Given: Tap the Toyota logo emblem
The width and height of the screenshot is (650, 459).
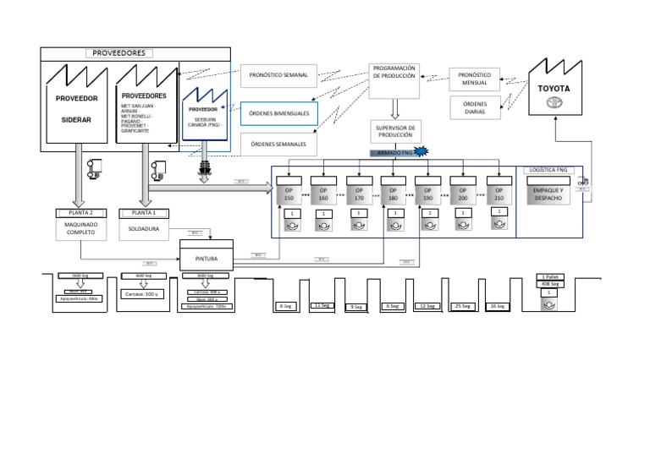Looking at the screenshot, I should coord(554,103).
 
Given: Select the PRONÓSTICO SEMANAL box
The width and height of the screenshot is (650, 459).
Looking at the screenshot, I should coord(278,75).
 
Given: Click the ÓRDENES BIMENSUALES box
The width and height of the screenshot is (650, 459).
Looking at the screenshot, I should coord(278,113).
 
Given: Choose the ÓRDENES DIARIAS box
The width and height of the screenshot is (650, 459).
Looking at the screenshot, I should coord(475,108).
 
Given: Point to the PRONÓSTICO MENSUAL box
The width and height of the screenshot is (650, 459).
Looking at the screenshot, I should coord(475,79).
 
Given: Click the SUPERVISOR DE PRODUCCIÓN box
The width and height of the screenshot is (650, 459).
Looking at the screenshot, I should coord(394,131).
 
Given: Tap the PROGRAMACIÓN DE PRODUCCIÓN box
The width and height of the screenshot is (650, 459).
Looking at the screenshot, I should coord(394,72).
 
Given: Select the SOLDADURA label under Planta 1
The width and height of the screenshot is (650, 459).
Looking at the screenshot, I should coord(143,227).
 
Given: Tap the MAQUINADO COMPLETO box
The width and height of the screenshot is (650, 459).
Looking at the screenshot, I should coord(81,227).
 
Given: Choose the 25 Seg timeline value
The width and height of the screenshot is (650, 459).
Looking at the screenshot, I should coord(463,305).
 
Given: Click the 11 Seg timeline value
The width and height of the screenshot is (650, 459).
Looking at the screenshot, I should coord(322,304).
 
